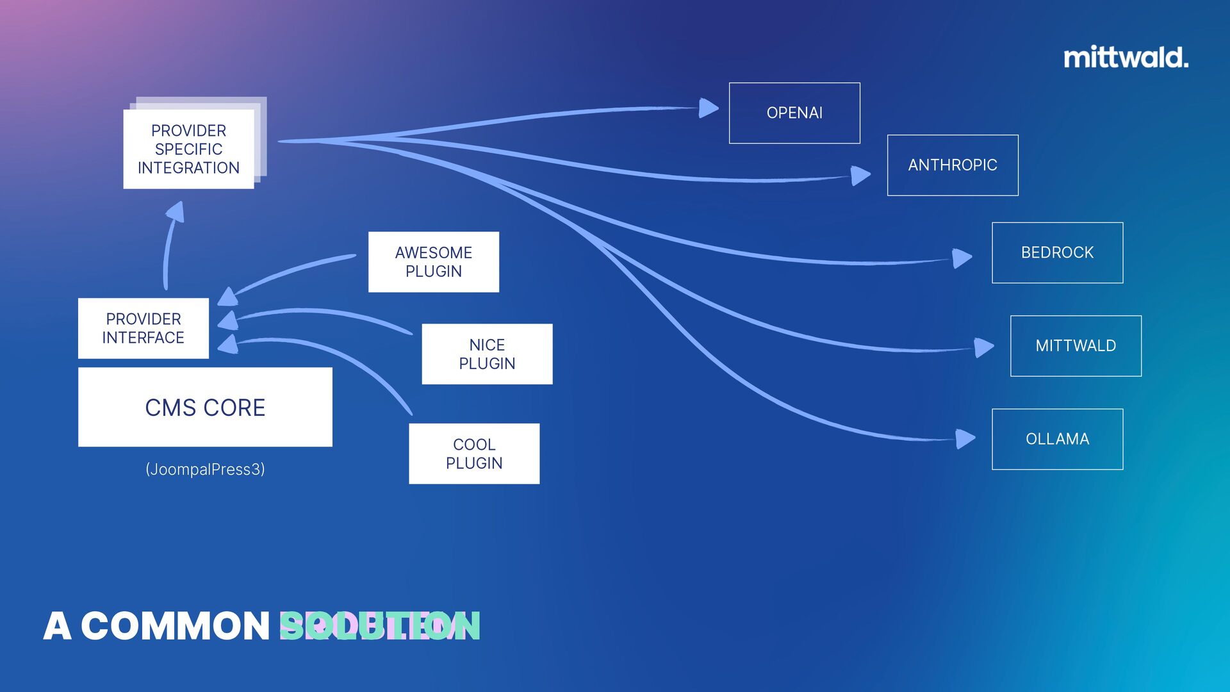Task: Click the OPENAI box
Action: click(794, 113)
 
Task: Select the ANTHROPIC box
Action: click(953, 165)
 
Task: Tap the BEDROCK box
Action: click(1057, 252)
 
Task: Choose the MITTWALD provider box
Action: click(1076, 346)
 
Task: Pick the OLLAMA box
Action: click(1057, 439)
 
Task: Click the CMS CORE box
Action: click(205, 407)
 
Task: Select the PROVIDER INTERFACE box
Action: click(143, 328)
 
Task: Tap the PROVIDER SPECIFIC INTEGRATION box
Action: click(188, 149)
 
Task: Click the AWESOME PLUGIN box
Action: click(433, 262)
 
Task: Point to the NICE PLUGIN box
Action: click(487, 354)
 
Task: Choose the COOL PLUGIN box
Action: click(474, 454)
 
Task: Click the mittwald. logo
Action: click(1126, 58)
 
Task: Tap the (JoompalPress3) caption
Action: click(205, 469)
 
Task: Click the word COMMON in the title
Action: click(175, 626)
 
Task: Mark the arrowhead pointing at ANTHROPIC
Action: click(860, 175)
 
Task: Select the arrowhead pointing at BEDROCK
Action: click(961, 258)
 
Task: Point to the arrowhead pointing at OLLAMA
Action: click(964, 439)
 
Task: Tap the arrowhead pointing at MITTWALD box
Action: click(983, 347)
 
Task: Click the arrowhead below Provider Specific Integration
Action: click(176, 213)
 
